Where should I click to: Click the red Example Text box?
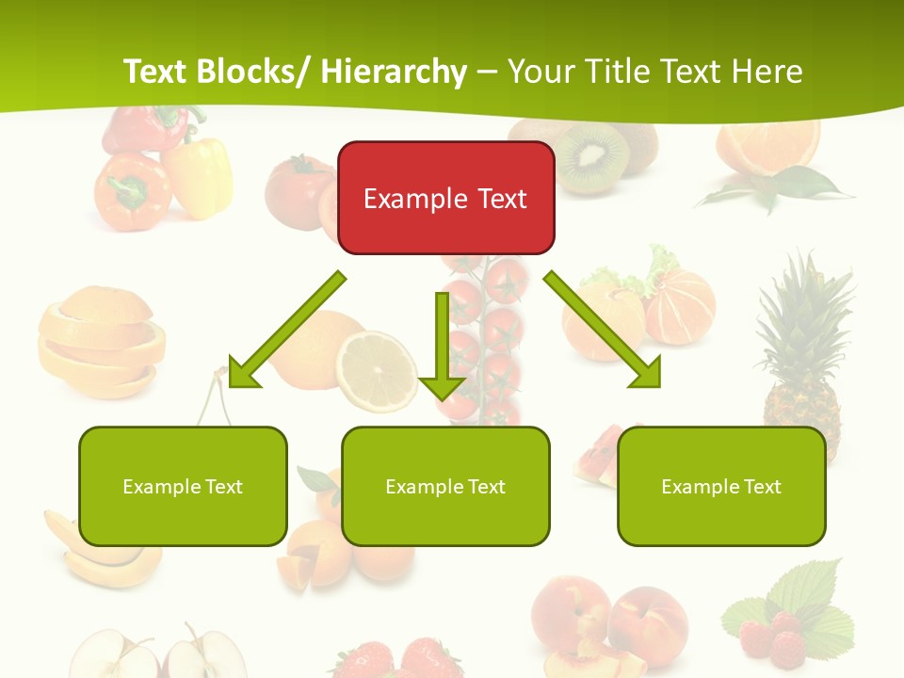(445, 198)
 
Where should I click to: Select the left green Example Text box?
(183, 486)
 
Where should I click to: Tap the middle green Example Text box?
(445, 486)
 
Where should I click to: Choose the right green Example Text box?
(721, 486)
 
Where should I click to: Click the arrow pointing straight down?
(442, 348)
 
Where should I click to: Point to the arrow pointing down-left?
(282, 334)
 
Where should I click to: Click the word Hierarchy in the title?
(394, 72)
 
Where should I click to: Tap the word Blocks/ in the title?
(246, 72)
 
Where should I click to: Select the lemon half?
(377, 370)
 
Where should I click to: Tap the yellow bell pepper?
(201, 176)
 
